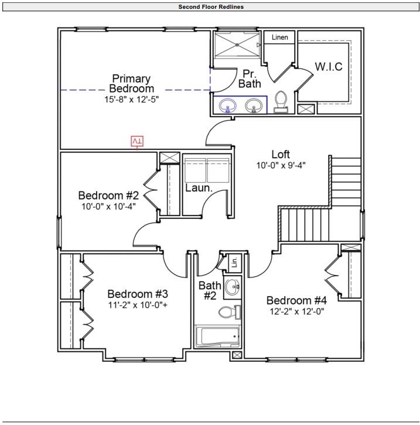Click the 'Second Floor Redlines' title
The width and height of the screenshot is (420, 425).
[x=211, y=7]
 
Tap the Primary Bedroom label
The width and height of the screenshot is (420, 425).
[x=131, y=83]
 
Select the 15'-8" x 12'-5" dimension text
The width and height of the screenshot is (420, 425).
[x=131, y=100]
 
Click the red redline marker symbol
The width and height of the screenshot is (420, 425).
[x=137, y=141]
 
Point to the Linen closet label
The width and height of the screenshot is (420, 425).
[x=280, y=37]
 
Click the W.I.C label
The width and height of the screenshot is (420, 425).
[x=329, y=66]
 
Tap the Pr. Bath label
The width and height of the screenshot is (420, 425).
[x=250, y=79]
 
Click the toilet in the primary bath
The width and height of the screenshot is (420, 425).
[x=281, y=101]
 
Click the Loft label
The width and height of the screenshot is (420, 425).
[x=281, y=154]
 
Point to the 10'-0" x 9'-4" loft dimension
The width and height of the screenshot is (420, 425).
[x=281, y=165]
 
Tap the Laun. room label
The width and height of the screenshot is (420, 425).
[x=199, y=188]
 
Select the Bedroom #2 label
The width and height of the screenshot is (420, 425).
[x=108, y=195]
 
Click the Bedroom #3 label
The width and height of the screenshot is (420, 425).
[x=138, y=294]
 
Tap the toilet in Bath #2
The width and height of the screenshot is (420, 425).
[x=229, y=311]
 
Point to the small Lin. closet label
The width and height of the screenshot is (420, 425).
[x=234, y=263]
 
